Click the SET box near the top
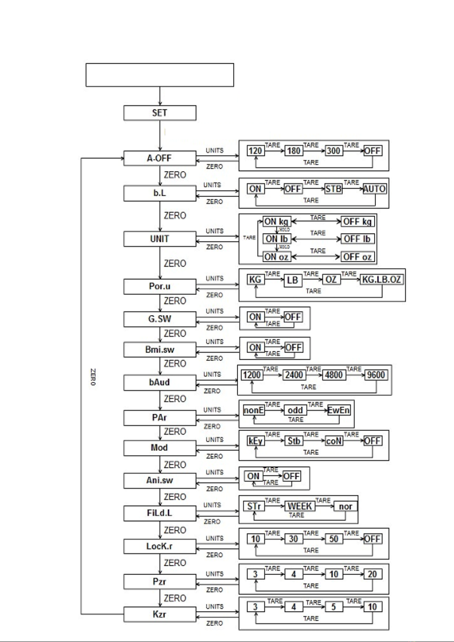point(160,113)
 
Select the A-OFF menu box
point(160,158)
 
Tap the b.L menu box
point(160,193)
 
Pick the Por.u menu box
point(160,286)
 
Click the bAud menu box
point(160,383)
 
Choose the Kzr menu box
point(160,614)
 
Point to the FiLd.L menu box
point(160,513)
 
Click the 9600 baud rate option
point(376,375)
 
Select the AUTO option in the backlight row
point(374,189)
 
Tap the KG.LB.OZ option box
point(382,280)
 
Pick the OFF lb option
point(357,239)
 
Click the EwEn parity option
point(339,410)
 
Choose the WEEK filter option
point(300,506)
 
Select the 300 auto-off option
point(333,151)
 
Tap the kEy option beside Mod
point(255,441)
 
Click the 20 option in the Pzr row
point(372,574)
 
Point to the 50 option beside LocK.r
point(333,539)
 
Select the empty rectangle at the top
point(160,75)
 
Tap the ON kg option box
point(276,222)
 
